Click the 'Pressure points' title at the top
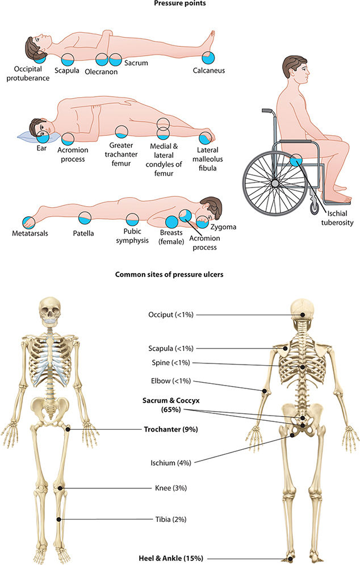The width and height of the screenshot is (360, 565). click(180, 3)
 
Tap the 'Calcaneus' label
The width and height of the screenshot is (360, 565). click(209, 71)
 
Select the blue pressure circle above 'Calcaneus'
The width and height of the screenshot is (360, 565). click(209, 57)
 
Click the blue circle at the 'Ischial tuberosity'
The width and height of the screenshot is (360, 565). click(296, 160)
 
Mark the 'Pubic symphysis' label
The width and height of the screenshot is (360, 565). click(132, 236)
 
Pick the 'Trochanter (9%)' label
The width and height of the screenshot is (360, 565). click(170, 429)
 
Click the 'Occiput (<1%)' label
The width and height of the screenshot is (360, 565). click(171, 315)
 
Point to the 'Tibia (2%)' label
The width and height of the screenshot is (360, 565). click(171, 519)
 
